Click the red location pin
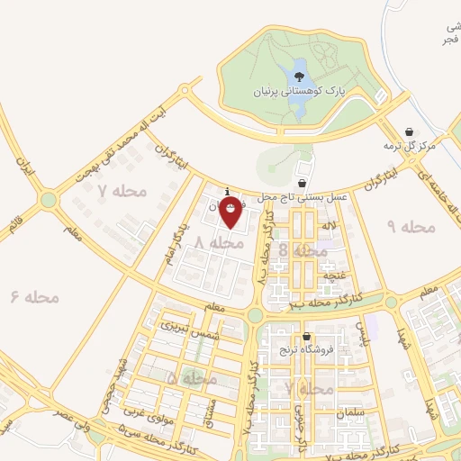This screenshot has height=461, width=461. click(231, 212)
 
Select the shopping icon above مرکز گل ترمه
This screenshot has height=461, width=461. click(411, 131)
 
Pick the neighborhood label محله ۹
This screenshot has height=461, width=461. click(411, 227)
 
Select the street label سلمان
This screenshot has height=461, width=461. click(348, 412)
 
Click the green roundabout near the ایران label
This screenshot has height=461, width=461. click(49, 200)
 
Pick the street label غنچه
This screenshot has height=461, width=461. click(334, 276)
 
